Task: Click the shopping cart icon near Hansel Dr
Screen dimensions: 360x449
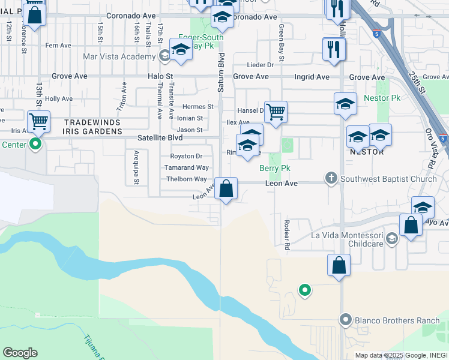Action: (276, 112)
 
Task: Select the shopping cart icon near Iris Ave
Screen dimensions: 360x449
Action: (38, 121)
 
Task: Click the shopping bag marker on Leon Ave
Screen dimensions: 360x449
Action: (226, 189)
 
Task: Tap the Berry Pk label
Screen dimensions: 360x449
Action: (275, 169)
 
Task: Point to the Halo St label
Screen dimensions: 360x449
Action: (160, 77)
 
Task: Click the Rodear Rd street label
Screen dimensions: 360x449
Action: (286, 235)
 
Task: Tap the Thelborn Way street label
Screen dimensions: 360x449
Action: (187, 179)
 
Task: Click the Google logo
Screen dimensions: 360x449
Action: (20, 352)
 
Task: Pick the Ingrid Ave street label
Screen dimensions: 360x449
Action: (312, 77)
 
